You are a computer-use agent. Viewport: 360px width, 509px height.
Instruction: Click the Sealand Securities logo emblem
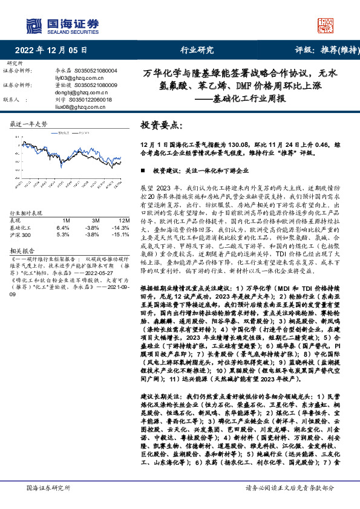point(33,25)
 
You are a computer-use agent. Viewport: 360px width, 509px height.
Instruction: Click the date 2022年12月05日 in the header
point(51,50)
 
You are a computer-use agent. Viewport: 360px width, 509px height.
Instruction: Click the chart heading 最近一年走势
point(29,123)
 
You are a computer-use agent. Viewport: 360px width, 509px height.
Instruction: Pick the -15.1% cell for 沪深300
point(122,235)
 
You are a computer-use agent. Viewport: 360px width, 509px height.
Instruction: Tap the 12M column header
point(123,221)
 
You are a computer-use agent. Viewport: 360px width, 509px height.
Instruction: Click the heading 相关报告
point(22,249)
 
